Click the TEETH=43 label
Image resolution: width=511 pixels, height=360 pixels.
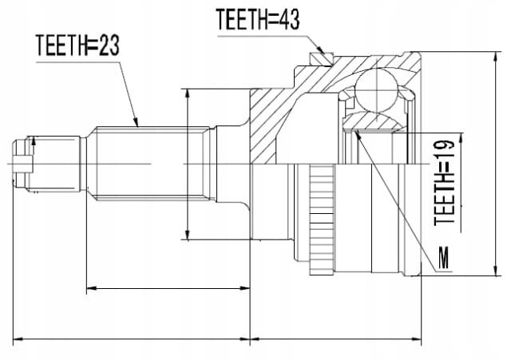pos(257,19)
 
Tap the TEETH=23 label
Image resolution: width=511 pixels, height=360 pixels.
pos(77,45)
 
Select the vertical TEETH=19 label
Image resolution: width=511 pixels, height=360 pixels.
pos(444,183)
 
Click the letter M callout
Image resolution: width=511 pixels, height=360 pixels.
pos(444,258)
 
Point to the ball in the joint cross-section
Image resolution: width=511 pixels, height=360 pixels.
pos(376,90)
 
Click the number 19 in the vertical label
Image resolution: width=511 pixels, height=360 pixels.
pos(444,151)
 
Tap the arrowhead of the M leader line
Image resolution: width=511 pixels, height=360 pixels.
pos(358,133)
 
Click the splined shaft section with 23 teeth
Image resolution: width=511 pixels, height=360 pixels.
pos(152,164)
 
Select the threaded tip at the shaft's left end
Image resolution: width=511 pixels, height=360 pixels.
pos(22,164)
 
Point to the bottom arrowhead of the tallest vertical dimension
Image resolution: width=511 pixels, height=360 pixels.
pos(496,270)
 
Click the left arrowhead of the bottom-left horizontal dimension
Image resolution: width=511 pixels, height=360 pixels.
pos(18,339)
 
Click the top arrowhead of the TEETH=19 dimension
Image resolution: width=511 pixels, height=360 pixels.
pos(461,139)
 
